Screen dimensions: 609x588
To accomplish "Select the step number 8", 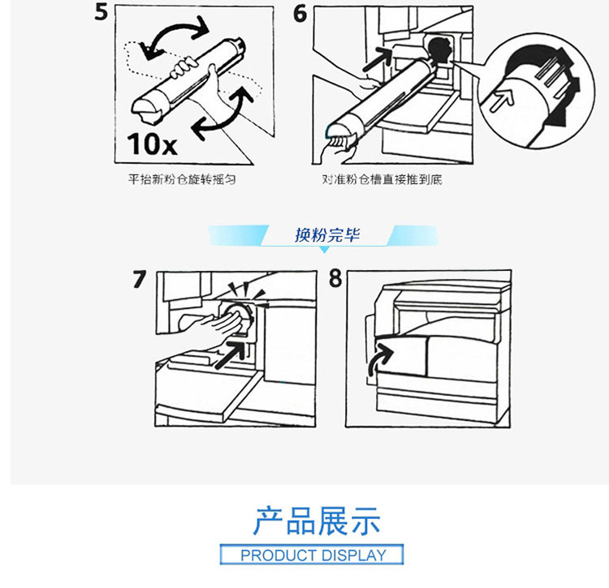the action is click(x=335, y=278).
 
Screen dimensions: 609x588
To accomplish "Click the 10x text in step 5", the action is click(x=151, y=144).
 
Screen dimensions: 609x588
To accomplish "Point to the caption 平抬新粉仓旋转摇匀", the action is click(x=183, y=178).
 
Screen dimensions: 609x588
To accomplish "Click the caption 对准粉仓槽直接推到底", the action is click(x=382, y=178).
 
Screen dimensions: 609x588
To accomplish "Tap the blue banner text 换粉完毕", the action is click(x=326, y=236).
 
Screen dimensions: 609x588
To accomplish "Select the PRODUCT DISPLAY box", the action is click(x=313, y=556).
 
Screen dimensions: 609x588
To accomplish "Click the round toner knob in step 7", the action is click(x=242, y=314).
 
